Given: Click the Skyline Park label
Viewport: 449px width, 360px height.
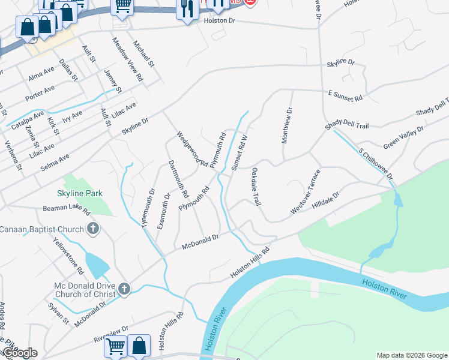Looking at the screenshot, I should pos(79,193).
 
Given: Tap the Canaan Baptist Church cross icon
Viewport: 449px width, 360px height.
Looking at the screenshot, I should pos(92,229).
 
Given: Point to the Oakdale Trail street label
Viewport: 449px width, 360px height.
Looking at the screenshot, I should pos(256,187).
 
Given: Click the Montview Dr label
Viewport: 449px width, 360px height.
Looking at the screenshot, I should pos(286,125).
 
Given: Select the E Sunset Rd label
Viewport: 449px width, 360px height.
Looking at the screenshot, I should pos(345,95).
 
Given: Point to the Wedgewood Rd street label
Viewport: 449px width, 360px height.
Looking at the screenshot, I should pos(192,149).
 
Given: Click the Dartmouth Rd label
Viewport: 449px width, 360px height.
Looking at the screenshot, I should pos(178,179).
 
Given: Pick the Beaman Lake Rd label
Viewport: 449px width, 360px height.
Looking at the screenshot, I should pos(66,211).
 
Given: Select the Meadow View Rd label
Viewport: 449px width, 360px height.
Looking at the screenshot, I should pos(128,59).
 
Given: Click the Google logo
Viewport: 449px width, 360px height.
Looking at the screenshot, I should pos(19,353).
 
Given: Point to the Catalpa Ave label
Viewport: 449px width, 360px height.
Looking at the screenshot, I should pos(28,121).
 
